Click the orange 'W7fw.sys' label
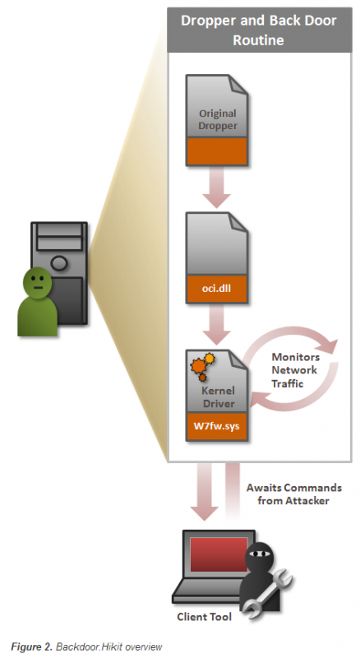tap(218, 425)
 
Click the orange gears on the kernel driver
tap(201, 366)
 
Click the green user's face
tap(36, 284)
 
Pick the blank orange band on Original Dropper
tap(217, 151)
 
